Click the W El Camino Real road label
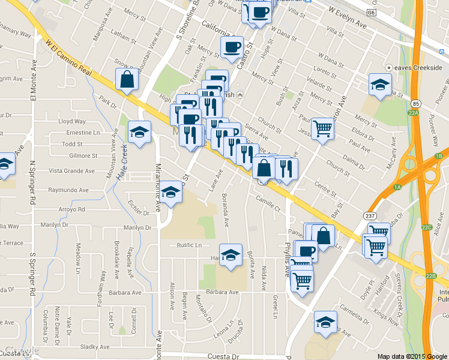tap(68, 57)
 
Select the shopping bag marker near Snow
tap(128, 80)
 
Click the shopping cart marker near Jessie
tap(323, 128)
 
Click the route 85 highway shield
tap(416, 104)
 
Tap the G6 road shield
tap(372, 12)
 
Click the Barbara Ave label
tap(223, 292)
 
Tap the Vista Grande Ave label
tap(71, 171)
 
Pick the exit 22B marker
tap(430, 276)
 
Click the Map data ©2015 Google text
tap(412, 356)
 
